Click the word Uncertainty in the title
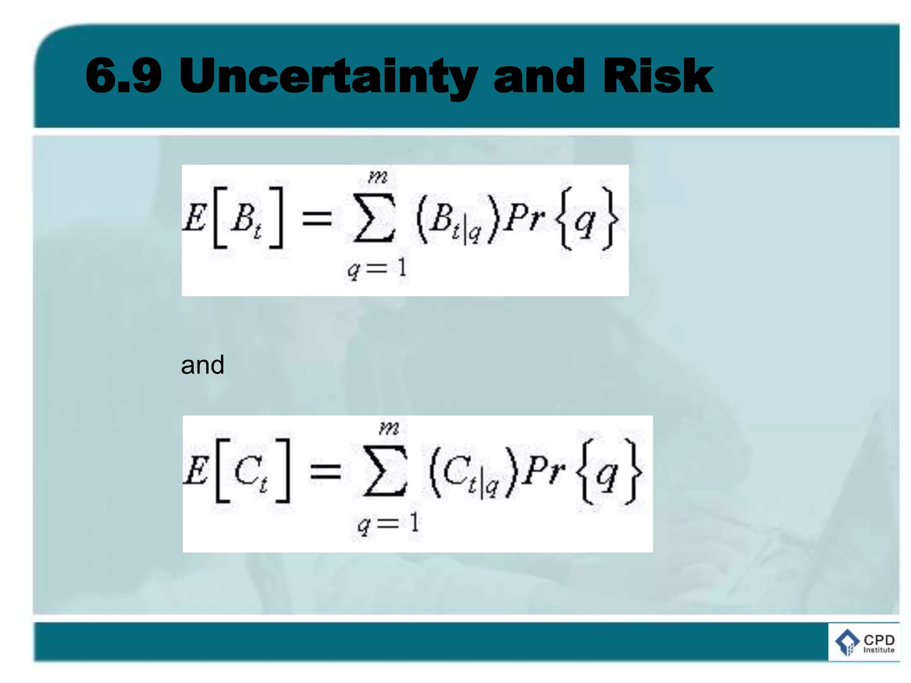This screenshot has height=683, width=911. (x=328, y=76)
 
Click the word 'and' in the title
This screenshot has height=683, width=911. (x=539, y=76)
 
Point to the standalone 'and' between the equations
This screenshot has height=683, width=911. (x=202, y=365)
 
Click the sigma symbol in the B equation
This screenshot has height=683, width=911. (x=374, y=218)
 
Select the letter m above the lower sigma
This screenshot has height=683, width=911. (x=389, y=428)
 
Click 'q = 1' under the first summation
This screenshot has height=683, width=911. (x=377, y=268)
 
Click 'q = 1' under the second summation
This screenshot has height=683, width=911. (x=388, y=523)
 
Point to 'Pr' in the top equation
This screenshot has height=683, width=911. (x=525, y=218)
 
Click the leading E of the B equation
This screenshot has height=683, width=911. (x=195, y=218)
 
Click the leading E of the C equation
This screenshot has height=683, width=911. (x=196, y=470)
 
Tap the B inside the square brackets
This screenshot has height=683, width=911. (x=244, y=218)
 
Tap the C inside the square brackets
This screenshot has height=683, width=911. (x=247, y=470)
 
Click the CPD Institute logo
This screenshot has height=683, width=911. (x=864, y=642)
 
